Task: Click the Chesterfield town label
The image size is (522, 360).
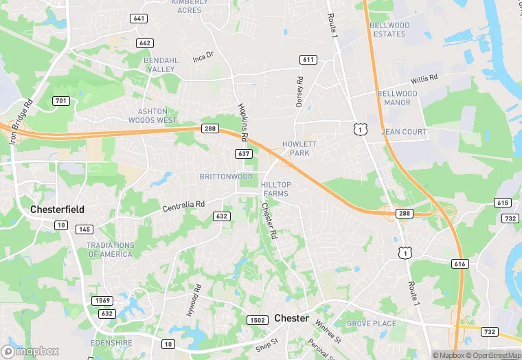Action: tap(57, 209)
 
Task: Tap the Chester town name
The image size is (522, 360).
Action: tap(291, 318)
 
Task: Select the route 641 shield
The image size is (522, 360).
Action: tap(140, 19)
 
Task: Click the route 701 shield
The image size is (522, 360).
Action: tap(62, 101)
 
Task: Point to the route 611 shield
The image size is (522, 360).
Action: tap(308, 60)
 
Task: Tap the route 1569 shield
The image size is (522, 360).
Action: tap(103, 300)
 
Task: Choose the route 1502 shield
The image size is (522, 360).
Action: tap(257, 320)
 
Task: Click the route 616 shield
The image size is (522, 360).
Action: tap(459, 263)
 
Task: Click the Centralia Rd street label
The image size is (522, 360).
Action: tap(183, 205)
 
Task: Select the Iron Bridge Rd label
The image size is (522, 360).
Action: tap(20, 122)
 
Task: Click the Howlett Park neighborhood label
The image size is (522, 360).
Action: tap(299, 148)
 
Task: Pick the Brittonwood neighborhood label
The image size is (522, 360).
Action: tap(226, 177)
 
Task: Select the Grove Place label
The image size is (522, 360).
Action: tap(371, 323)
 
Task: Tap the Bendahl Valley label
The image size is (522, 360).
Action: tap(161, 65)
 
